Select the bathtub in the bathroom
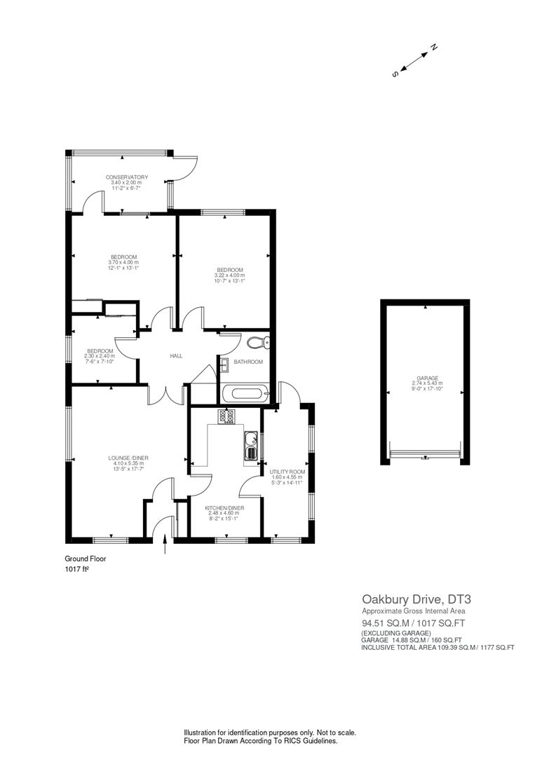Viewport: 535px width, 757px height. point(243,394)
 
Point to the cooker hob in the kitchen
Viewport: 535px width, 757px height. point(229,416)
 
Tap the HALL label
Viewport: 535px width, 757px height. point(176,356)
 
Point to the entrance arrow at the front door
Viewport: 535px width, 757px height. point(165,545)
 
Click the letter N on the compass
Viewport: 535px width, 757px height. point(434,48)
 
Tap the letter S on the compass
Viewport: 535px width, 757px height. point(395,74)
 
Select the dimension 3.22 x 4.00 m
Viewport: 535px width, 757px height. point(230,275)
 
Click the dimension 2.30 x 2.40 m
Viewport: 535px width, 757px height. point(100,356)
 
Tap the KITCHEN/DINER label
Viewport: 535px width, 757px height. point(224,507)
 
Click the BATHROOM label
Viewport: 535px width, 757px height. point(248,362)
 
